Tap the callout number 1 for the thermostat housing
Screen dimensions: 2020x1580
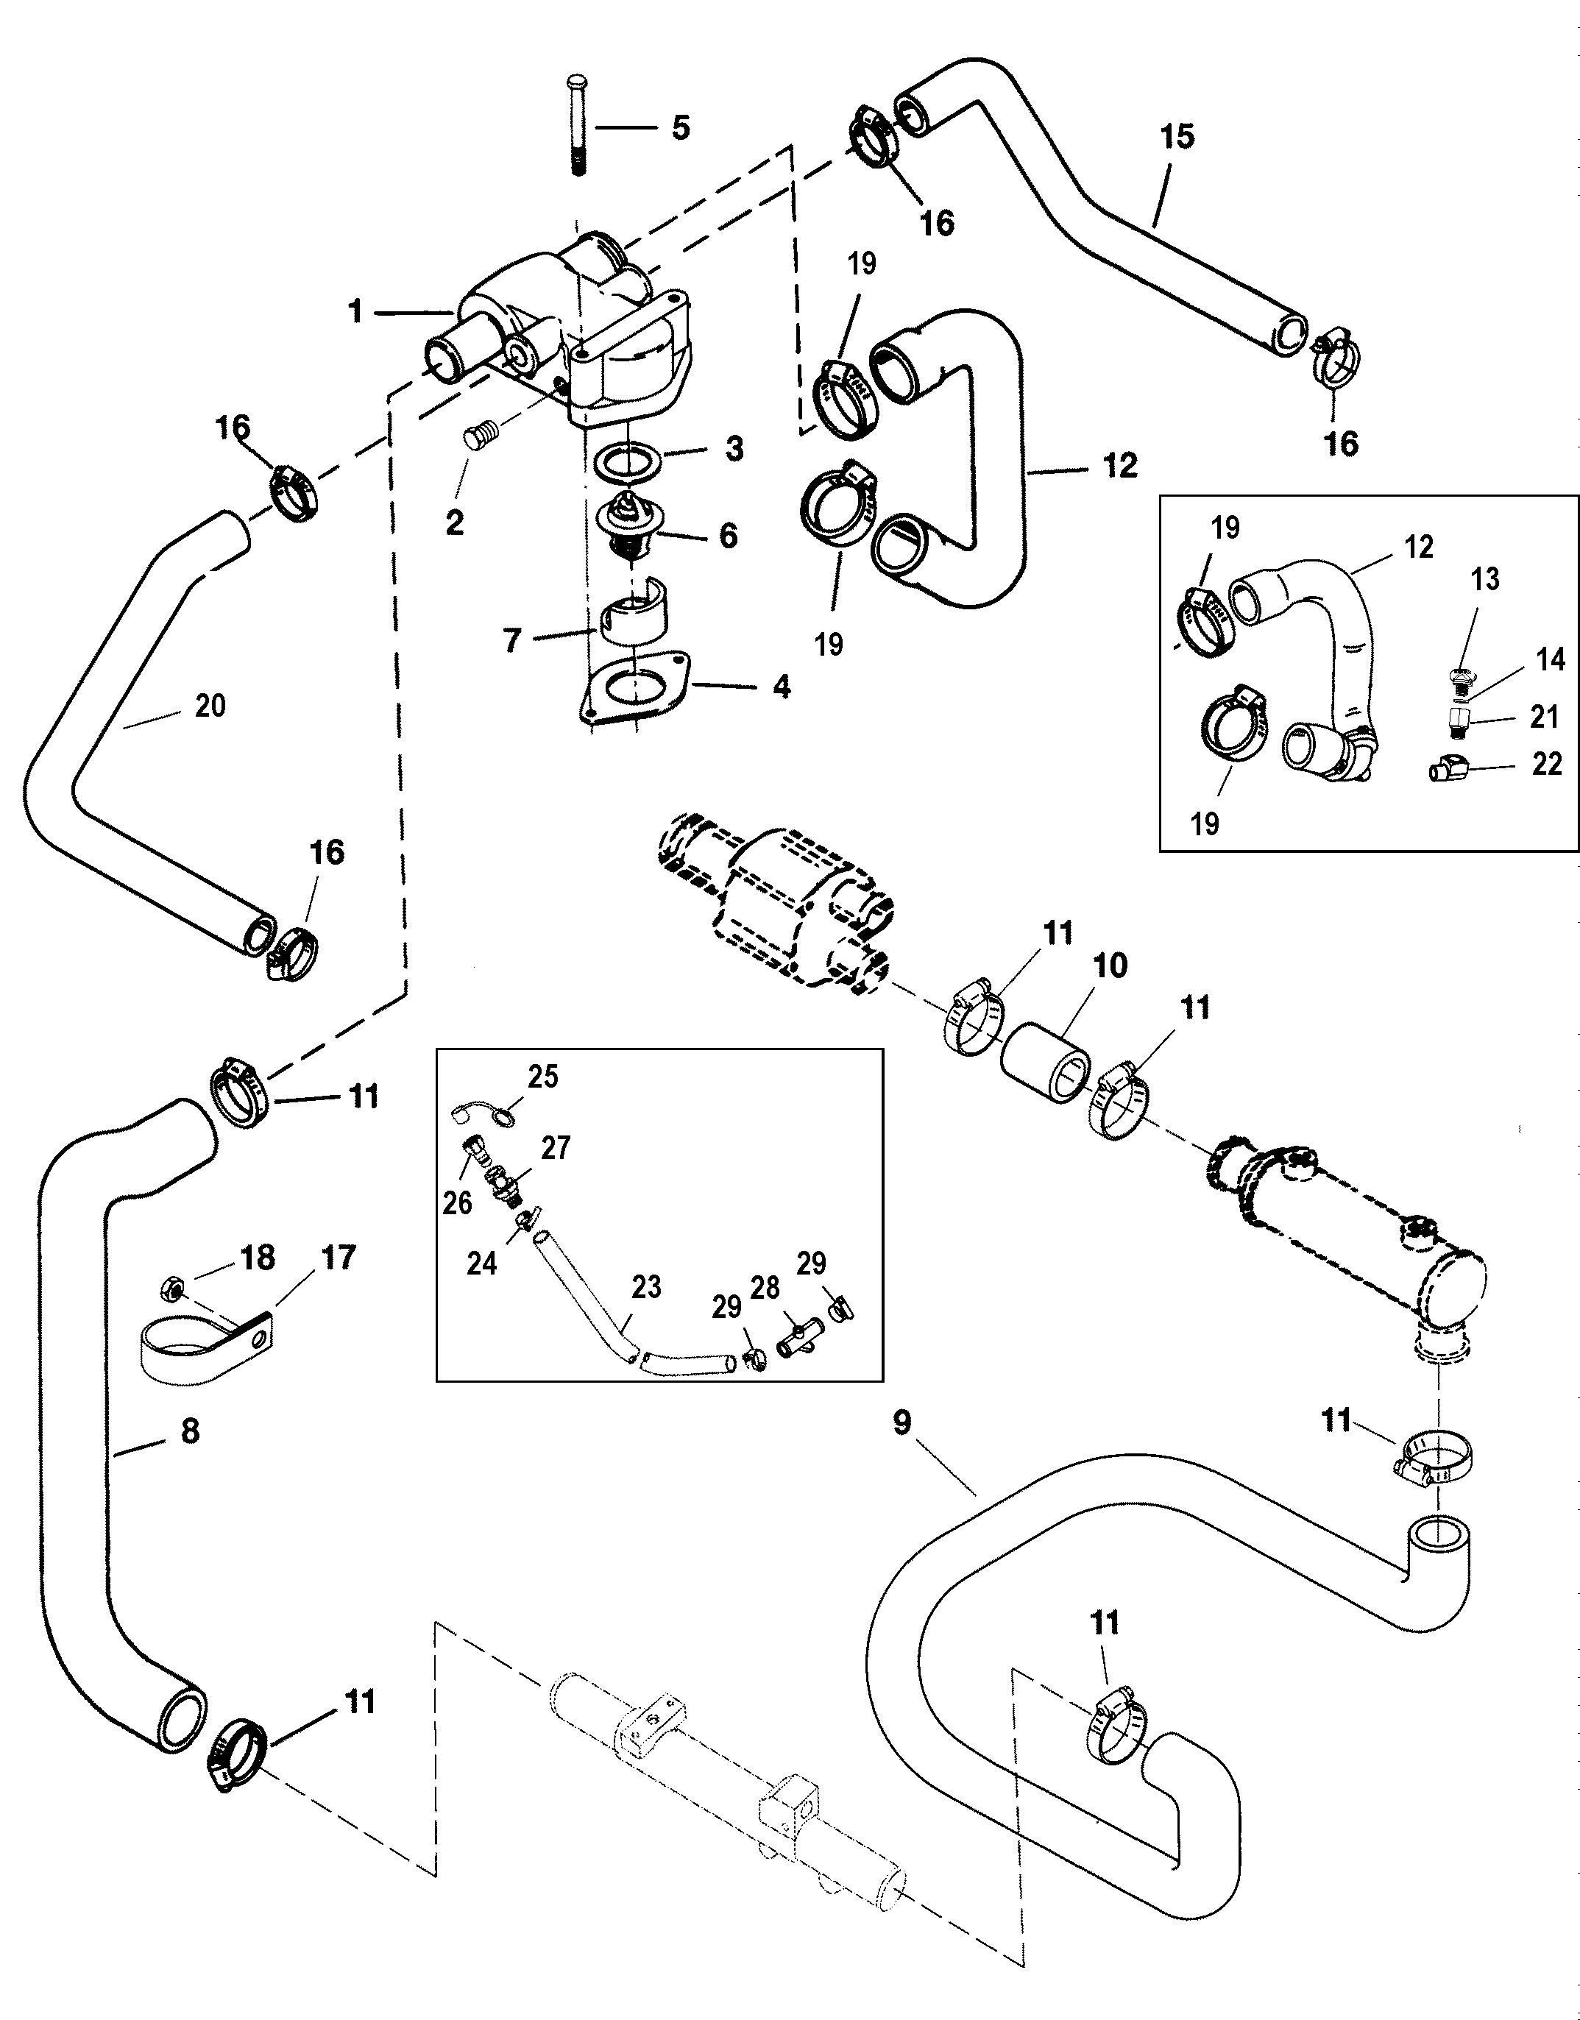356,312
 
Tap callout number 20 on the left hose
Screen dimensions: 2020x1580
211,706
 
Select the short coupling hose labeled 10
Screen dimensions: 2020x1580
1047,1062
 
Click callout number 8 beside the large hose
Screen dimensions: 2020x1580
190,1431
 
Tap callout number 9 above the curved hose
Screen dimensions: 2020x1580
902,1422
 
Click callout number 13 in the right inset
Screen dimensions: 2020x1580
1485,579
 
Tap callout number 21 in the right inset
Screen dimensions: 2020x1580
1545,717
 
